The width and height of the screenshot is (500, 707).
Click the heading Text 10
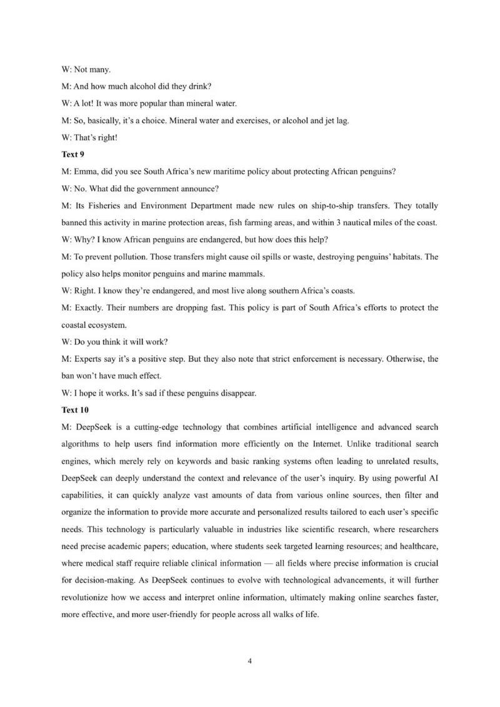click(x=75, y=410)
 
